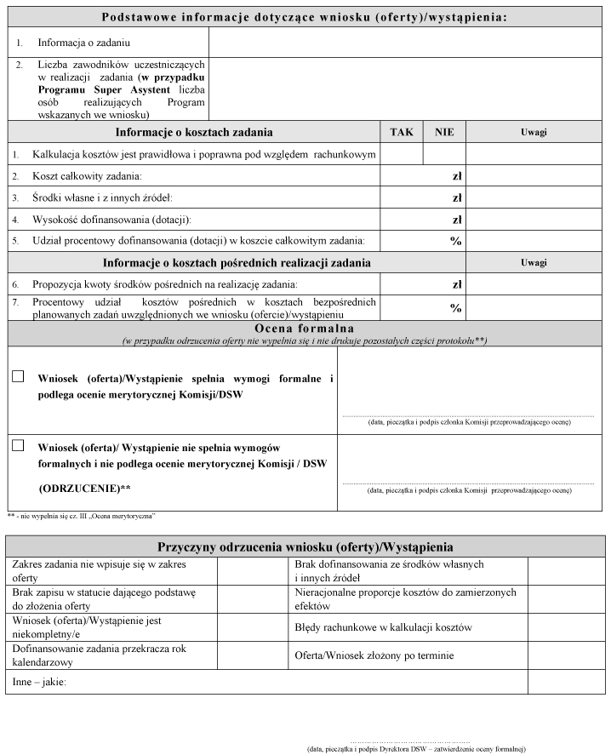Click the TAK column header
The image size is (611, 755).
[x=401, y=132]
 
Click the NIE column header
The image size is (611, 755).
[x=444, y=132]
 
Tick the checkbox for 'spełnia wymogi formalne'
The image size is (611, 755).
[x=18, y=376]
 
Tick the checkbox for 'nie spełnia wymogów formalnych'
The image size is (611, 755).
[x=18, y=445]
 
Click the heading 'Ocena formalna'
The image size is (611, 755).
[x=305, y=329]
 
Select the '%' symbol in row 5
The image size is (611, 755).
[x=455, y=241]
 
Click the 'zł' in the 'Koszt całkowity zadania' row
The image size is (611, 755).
[x=457, y=175]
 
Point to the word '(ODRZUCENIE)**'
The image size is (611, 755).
[x=84, y=488]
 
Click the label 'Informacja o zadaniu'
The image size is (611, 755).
[x=84, y=41]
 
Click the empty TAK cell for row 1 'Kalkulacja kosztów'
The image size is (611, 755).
[x=401, y=154]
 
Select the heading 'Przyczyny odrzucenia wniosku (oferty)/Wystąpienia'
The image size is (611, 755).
[x=305, y=546]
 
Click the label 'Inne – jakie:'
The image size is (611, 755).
[x=39, y=682]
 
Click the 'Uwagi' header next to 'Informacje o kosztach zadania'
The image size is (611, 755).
[x=534, y=132]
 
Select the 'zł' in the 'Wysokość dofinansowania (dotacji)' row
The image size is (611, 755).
[x=457, y=219]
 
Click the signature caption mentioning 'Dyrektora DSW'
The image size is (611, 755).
[x=416, y=749]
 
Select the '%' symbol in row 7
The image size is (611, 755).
[x=455, y=307]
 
